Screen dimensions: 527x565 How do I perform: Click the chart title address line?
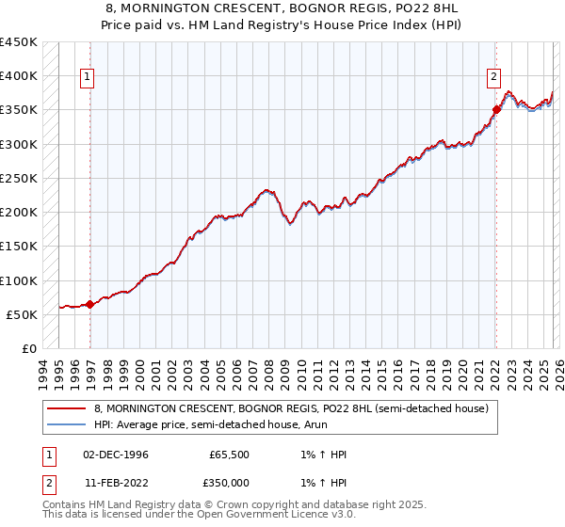point(282,8)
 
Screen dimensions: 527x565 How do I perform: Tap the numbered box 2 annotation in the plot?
point(494,78)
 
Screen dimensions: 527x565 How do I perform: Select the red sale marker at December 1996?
point(90,304)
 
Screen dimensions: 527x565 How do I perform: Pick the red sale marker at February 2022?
point(496,109)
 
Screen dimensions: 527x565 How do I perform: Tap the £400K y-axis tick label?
point(19,76)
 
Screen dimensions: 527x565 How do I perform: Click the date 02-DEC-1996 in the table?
point(116,455)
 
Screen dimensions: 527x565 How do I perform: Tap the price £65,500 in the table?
point(229,455)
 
